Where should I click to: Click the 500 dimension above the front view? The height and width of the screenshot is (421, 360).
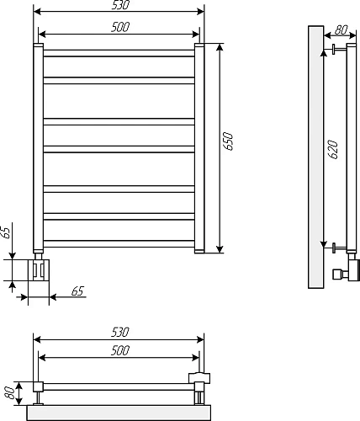tap(119, 28)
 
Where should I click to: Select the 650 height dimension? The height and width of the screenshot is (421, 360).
tap(228, 141)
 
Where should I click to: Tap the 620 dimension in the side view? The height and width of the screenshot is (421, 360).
tap(333, 150)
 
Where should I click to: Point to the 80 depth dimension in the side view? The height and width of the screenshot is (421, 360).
tap(341, 31)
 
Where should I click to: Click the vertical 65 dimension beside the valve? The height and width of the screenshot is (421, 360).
tap(7, 231)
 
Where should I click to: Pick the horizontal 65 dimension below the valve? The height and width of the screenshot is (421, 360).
tap(77, 291)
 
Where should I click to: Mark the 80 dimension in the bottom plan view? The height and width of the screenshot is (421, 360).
tap(8, 392)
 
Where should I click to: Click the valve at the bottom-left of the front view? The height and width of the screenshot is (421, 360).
tap(39, 269)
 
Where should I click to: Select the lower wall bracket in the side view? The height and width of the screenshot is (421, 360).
tap(338, 248)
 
